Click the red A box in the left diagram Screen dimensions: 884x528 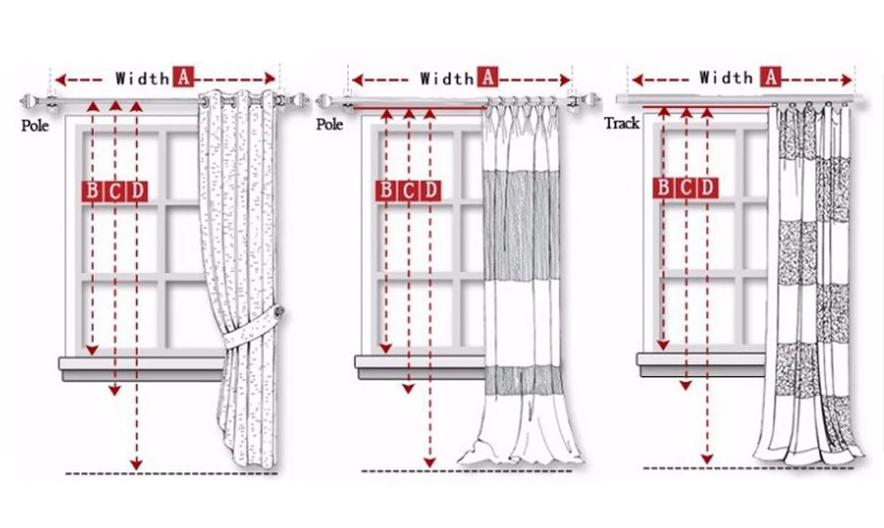point(183,77)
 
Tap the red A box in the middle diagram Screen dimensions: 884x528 point(489,77)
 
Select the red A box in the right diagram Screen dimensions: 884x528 point(771,77)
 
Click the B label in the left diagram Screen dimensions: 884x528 point(93,191)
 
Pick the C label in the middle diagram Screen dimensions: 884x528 point(408,191)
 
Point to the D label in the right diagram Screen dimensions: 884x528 point(708,188)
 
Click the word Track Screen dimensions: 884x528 point(622,123)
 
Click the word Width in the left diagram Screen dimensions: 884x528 point(142,78)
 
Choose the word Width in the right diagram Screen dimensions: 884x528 point(727,78)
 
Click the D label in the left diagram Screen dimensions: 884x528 point(137,191)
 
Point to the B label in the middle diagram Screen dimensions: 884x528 point(385,191)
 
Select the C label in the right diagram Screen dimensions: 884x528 point(686,188)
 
